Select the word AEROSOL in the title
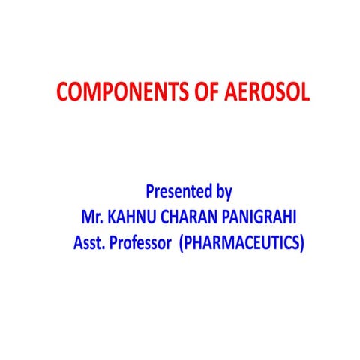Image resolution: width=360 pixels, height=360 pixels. (261, 93)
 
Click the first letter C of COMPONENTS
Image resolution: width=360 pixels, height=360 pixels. (63, 93)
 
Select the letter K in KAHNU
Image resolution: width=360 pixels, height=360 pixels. (113, 217)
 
